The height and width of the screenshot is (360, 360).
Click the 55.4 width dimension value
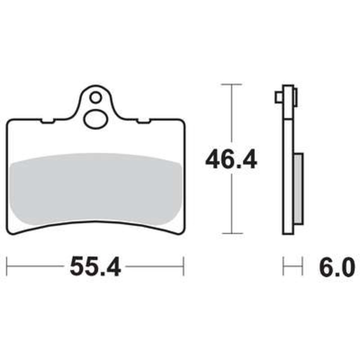tap(95, 266)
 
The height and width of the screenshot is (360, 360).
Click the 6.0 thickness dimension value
tap(337, 266)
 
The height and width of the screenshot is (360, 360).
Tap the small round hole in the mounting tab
tap(96, 97)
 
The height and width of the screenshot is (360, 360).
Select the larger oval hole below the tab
tap(96, 119)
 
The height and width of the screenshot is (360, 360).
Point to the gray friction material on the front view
tap(95, 189)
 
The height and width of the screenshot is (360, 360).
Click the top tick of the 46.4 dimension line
tap(232, 84)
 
